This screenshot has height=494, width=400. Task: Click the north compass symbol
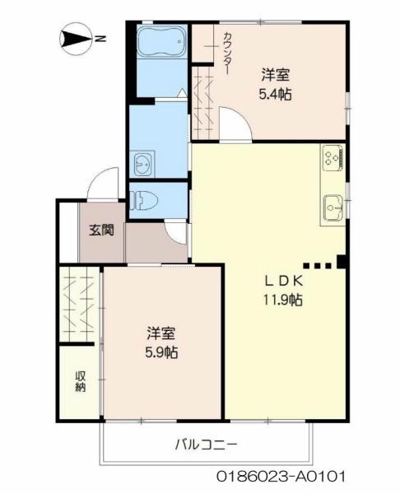76,38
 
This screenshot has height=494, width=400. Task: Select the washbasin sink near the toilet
143,163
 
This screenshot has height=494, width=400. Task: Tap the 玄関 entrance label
101,230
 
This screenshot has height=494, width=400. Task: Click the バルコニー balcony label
205,445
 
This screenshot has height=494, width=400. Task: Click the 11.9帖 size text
283,300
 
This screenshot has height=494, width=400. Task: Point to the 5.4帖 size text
274,93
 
